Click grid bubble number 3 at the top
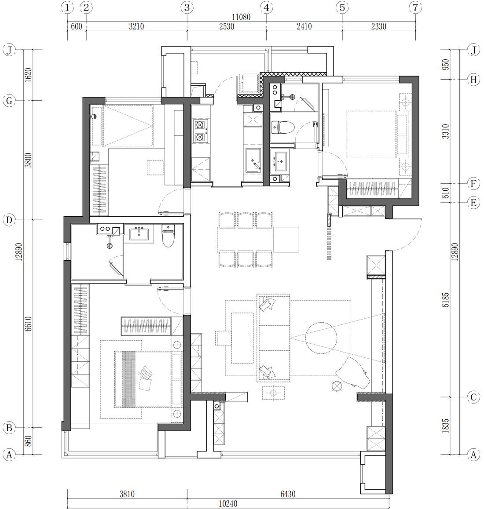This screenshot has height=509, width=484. (x=187, y=7)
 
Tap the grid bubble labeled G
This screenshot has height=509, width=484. (x=9, y=101)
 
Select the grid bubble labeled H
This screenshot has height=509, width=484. (x=473, y=80)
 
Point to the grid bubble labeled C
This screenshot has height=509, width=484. (x=473, y=397)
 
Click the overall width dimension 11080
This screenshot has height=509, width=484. (x=241, y=17)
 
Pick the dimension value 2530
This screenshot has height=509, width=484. (x=227, y=26)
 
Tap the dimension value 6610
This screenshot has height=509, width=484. (x=28, y=324)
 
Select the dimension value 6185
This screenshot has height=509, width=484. (x=446, y=300)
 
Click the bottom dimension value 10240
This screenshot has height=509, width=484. (x=228, y=503)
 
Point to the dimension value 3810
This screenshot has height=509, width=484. (x=127, y=494)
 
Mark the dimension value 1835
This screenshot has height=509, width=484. (x=446, y=425)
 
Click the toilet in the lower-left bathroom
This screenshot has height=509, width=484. (x=168, y=235)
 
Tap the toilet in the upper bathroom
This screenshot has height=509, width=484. (x=283, y=127)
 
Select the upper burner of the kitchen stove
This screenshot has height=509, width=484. (x=200, y=125)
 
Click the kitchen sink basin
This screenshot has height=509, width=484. (x=253, y=161)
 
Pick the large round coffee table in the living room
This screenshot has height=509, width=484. (x=321, y=338)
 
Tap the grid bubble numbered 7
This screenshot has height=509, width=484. (x=415, y=7)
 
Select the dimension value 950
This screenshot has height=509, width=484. (x=446, y=64)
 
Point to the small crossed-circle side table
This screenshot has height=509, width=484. (x=337, y=386)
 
